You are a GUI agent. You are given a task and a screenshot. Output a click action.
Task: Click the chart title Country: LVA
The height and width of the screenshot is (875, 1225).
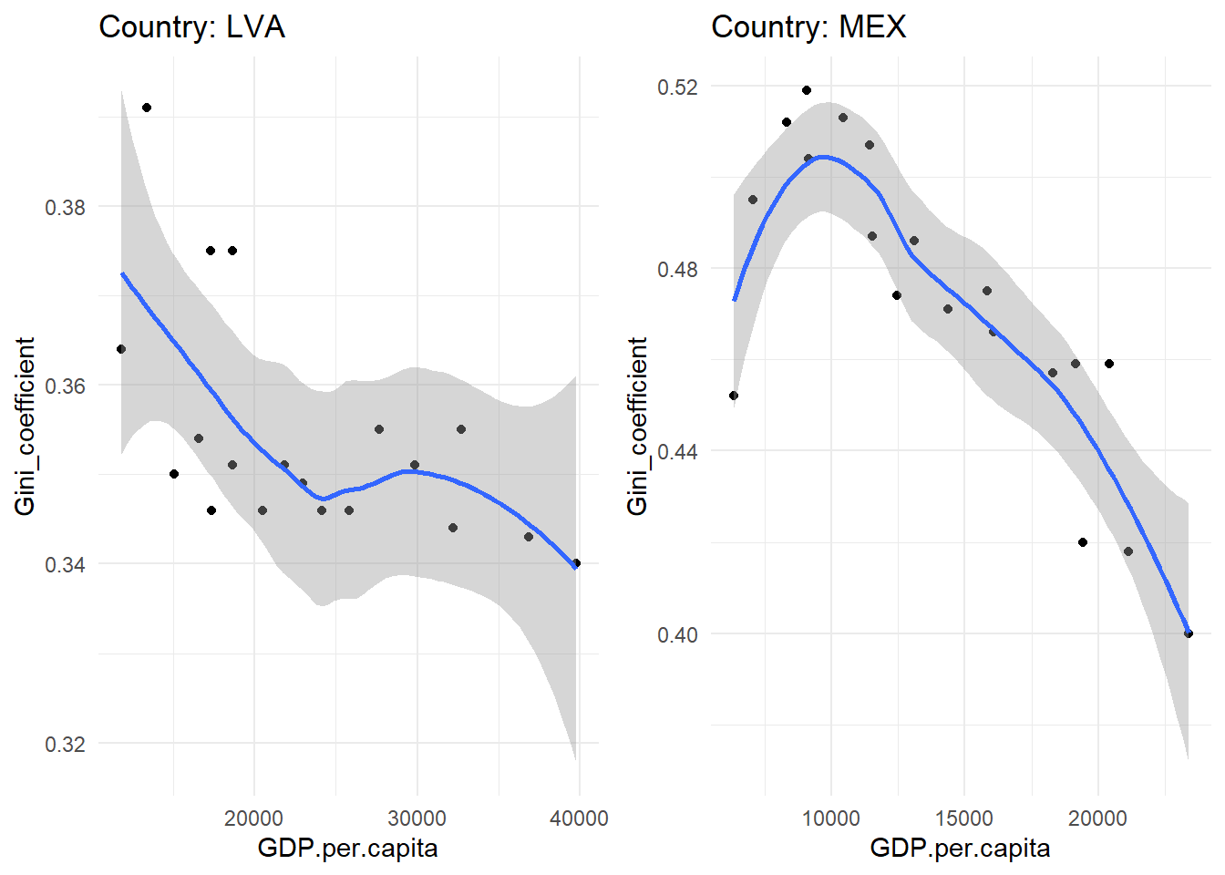tap(191, 26)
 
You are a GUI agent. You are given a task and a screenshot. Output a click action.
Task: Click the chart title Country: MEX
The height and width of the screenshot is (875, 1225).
tap(808, 26)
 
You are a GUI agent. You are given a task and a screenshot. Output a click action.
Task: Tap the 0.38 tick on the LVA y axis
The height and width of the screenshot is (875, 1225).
tap(65, 207)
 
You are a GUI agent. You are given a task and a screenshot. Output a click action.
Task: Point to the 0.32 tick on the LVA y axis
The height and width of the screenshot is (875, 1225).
tap(65, 744)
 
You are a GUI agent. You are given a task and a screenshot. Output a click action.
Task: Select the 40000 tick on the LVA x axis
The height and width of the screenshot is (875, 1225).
tap(580, 818)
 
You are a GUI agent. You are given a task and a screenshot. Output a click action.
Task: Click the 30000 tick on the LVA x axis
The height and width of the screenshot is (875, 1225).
tap(417, 818)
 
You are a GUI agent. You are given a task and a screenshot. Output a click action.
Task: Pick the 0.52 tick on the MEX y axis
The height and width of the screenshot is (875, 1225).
tap(677, 87)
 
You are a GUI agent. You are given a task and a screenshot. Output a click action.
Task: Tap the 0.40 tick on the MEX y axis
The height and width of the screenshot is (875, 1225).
tap(677, 634)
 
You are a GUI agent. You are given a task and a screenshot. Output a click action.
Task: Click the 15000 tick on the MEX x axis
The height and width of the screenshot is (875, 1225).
tap(964, 818)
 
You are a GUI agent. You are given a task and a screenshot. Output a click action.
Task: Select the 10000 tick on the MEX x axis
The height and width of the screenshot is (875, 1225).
tap(830, 818)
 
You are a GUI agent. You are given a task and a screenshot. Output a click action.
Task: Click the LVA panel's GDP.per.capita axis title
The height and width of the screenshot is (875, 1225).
tap(347, 849)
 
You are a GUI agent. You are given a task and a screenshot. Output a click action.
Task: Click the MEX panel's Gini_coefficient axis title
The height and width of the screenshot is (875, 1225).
tap(637, 426)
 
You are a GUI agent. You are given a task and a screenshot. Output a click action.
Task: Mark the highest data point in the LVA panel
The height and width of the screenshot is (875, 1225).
tap(147, 108)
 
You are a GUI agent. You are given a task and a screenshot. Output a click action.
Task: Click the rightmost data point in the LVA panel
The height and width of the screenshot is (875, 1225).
tap(576, 563)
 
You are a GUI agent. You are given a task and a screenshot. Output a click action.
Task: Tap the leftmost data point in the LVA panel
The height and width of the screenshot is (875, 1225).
tap(121, 349)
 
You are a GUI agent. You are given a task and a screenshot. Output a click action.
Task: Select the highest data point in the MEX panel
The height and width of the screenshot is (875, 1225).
tap(807, 90)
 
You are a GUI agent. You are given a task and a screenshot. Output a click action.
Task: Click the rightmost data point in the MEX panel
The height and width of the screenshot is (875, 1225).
tap(1189, 633)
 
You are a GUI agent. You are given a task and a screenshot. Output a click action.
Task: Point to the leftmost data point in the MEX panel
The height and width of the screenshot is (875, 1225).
tap(734, 396)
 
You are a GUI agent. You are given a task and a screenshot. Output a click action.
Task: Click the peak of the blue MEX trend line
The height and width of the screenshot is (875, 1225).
tap(823, 157)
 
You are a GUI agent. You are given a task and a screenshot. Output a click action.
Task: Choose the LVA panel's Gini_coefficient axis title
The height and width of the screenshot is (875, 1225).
tap(25, 426)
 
